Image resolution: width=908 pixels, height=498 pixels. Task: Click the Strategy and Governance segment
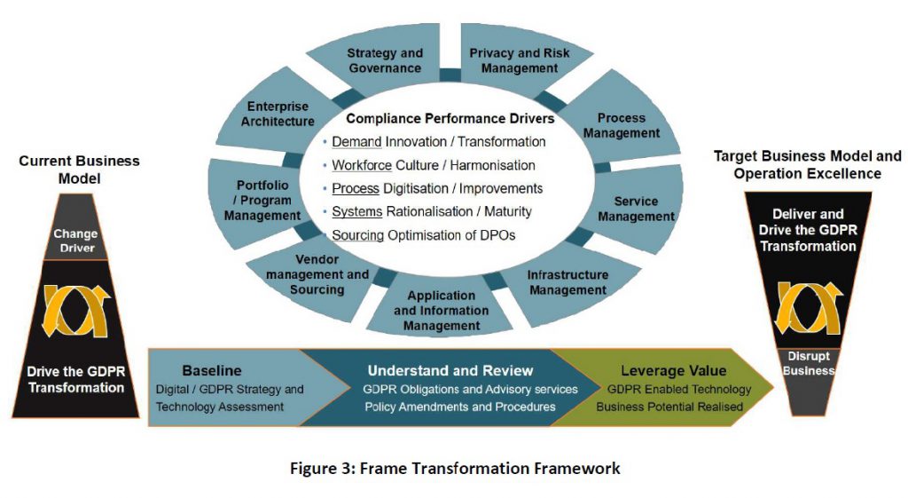click(x=384, y=60)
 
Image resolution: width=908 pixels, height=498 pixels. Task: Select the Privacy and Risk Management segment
click(x=520, y=60)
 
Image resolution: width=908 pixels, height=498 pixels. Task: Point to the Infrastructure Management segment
click(x=567, y=282)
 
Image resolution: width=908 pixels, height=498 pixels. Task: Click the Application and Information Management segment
click(x=441, y=311)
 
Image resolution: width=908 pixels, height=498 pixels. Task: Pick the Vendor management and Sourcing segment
click(x=317, y=281)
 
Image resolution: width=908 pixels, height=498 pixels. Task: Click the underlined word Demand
click(x=356, y=142)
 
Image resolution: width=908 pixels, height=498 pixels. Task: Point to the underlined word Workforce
click(x=362, y=165)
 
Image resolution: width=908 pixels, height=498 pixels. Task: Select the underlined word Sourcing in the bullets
click(x=358, y=235)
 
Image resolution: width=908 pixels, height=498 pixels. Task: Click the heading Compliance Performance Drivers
click(x=450, y=118)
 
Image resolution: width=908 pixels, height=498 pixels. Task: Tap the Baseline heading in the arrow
click(x=212, y=371)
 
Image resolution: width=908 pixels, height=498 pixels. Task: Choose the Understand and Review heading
click(x=450, y=370)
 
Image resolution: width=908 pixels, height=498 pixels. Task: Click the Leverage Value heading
click(x=673, y=371)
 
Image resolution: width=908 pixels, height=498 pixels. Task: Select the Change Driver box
click(x=75, y=241)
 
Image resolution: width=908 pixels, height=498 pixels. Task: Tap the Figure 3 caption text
click(x=455, y=468)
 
